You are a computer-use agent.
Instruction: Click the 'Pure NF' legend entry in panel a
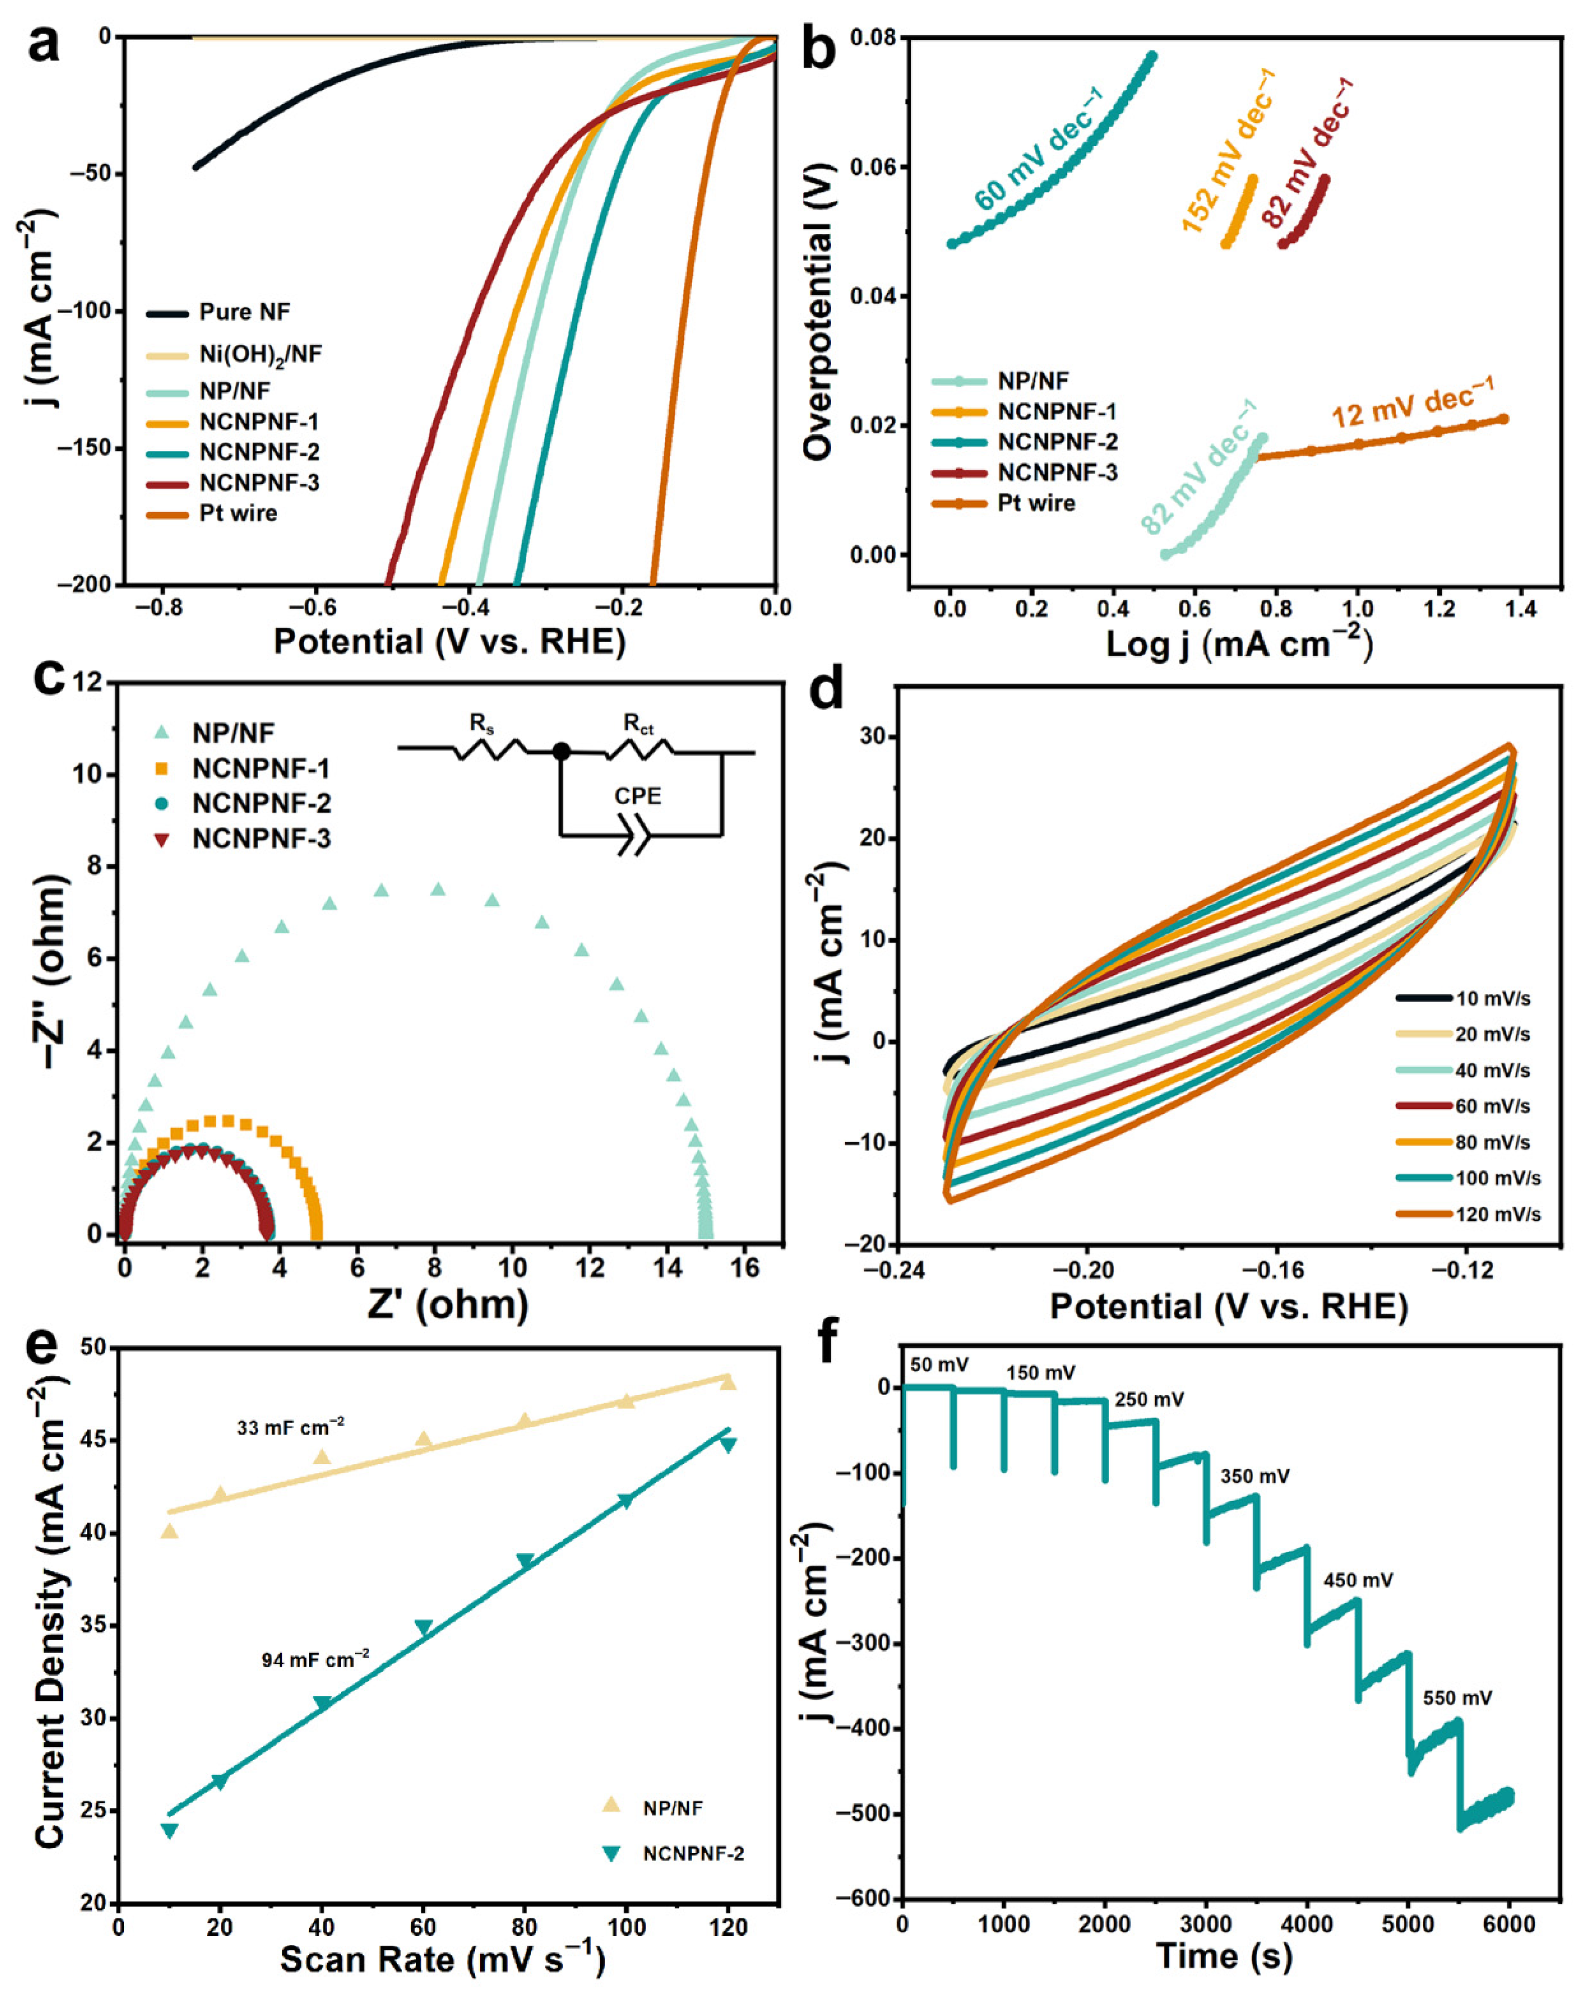point(243,312)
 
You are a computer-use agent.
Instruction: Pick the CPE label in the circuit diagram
point(638,796)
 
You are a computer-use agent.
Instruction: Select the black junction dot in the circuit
point(560,752)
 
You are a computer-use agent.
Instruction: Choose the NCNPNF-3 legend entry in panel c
point(261,839)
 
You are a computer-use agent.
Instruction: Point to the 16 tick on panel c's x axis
point(745,1268)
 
